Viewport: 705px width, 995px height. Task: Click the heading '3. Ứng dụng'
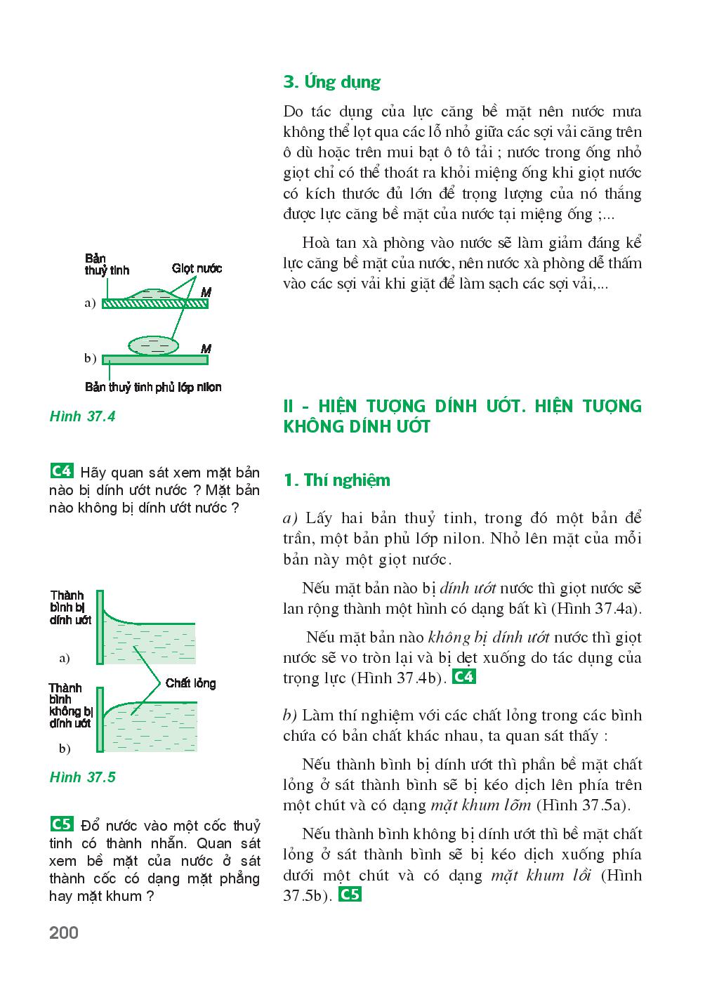point(331,82)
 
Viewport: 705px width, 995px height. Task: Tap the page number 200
point(64,933)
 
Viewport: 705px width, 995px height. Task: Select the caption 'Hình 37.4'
point(82,416)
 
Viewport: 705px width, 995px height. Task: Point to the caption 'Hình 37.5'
point(82,777)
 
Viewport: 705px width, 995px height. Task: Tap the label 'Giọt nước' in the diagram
point(197,268)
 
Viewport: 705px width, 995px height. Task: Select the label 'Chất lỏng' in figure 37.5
point(190,683)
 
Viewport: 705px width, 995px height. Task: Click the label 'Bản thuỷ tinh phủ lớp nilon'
point(153,387)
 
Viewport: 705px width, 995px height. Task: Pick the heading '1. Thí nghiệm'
point(336,480)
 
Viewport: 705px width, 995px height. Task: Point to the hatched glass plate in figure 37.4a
point(155,303)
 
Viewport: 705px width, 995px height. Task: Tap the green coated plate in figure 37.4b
point(155,360)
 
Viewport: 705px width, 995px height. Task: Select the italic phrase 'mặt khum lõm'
point(480,805)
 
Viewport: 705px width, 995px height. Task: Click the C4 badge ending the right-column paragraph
point(464,678)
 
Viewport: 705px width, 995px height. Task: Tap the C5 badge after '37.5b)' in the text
point(350,895)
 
